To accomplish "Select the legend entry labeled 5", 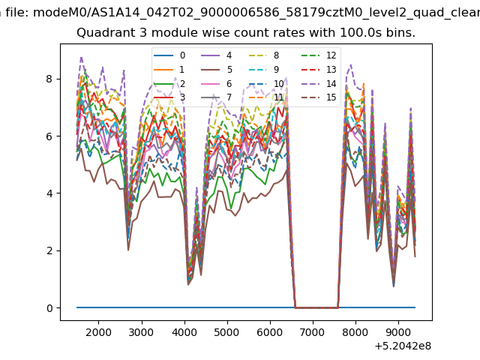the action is click(x=217, y=70).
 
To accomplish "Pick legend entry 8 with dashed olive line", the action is click(x=264, y=55).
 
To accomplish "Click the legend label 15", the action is click(x=331, y=97).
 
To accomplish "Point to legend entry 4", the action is click(x=217, y=55).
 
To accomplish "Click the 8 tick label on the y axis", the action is click(x=49, y=79).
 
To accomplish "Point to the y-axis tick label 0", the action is click(x=49, y=308).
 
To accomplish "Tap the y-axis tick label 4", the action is click(x=49, y=193).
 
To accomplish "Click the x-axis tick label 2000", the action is click(x=98, y=332).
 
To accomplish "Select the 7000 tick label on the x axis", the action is click(x=313, y=332).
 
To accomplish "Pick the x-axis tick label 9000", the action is click(x=398, y=332).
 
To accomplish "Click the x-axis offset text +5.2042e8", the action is click(x=403, y=346).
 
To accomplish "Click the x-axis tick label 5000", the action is click(x=227, y=332).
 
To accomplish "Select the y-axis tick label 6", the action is click(x=49, y=136).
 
